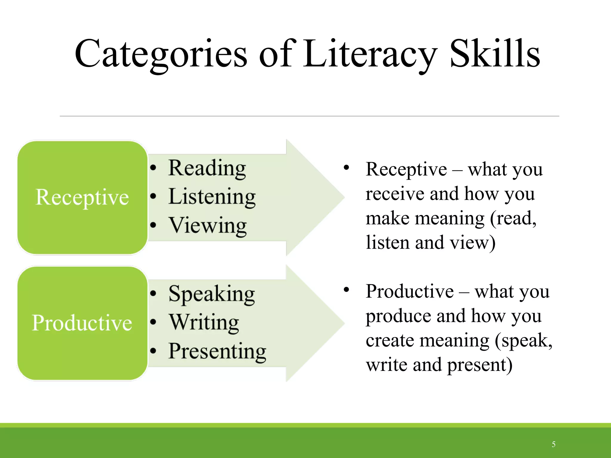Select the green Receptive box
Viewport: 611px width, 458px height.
point(82,197)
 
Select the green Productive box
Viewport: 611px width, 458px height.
point(82,323)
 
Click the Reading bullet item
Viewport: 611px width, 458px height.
point(207,168)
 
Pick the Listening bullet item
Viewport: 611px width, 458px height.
point(212,197)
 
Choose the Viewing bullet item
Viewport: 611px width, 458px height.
point(208,226)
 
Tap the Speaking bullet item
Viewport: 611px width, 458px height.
point(212,294)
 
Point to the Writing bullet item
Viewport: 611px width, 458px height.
point(204,323)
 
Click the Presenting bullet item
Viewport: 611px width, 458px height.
point(217,352)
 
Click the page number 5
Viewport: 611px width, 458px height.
point(553,444)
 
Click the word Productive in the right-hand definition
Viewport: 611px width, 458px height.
point(410,291)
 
